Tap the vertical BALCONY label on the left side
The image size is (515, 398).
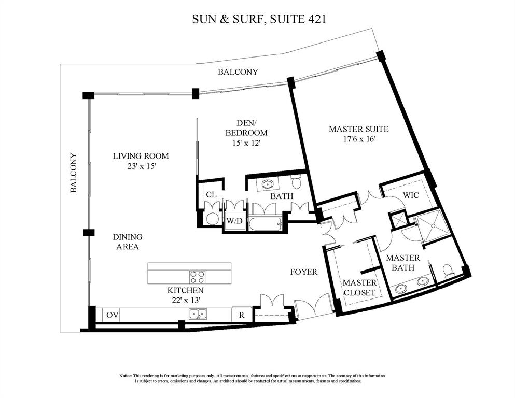[74, 173]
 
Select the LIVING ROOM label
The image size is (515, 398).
[141, 156]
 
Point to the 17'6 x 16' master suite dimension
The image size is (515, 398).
[358, 139]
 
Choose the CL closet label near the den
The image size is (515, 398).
[211, 195]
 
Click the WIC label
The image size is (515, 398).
[412, 196]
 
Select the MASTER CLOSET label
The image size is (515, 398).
[359, 288]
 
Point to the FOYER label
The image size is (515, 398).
[303, 272]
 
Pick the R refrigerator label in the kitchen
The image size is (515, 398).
[242, 314]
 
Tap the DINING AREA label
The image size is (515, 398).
[127, 242]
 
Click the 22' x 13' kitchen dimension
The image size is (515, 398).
[185, 299]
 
